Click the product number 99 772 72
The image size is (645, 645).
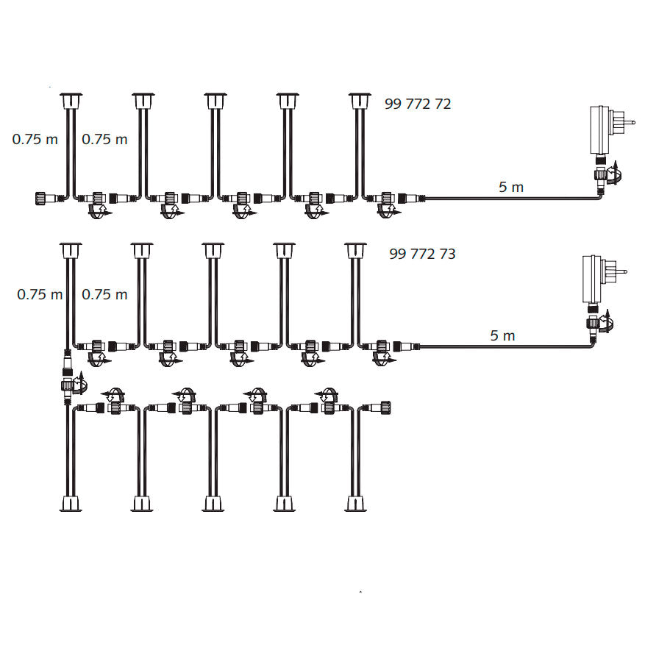[x=418, y=104]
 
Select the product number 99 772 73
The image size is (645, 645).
[x=422, y=254]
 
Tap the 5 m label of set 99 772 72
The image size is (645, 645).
[x=511, y=188]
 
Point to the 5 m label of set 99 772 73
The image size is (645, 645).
[x=502, y=336]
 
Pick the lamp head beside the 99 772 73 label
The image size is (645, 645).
[x=355, y=250]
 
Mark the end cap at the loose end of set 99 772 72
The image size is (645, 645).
[x=42, y=197]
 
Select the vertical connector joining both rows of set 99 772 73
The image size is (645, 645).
[x=68, y=382]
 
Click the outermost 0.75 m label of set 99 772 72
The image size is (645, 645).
[x=35, y=140]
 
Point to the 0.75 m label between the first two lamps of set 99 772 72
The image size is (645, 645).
[x=104, y=140]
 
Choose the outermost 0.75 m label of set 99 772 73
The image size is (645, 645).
[x=40, y=295]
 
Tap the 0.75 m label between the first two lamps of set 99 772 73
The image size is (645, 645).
[x=104, y=295]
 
